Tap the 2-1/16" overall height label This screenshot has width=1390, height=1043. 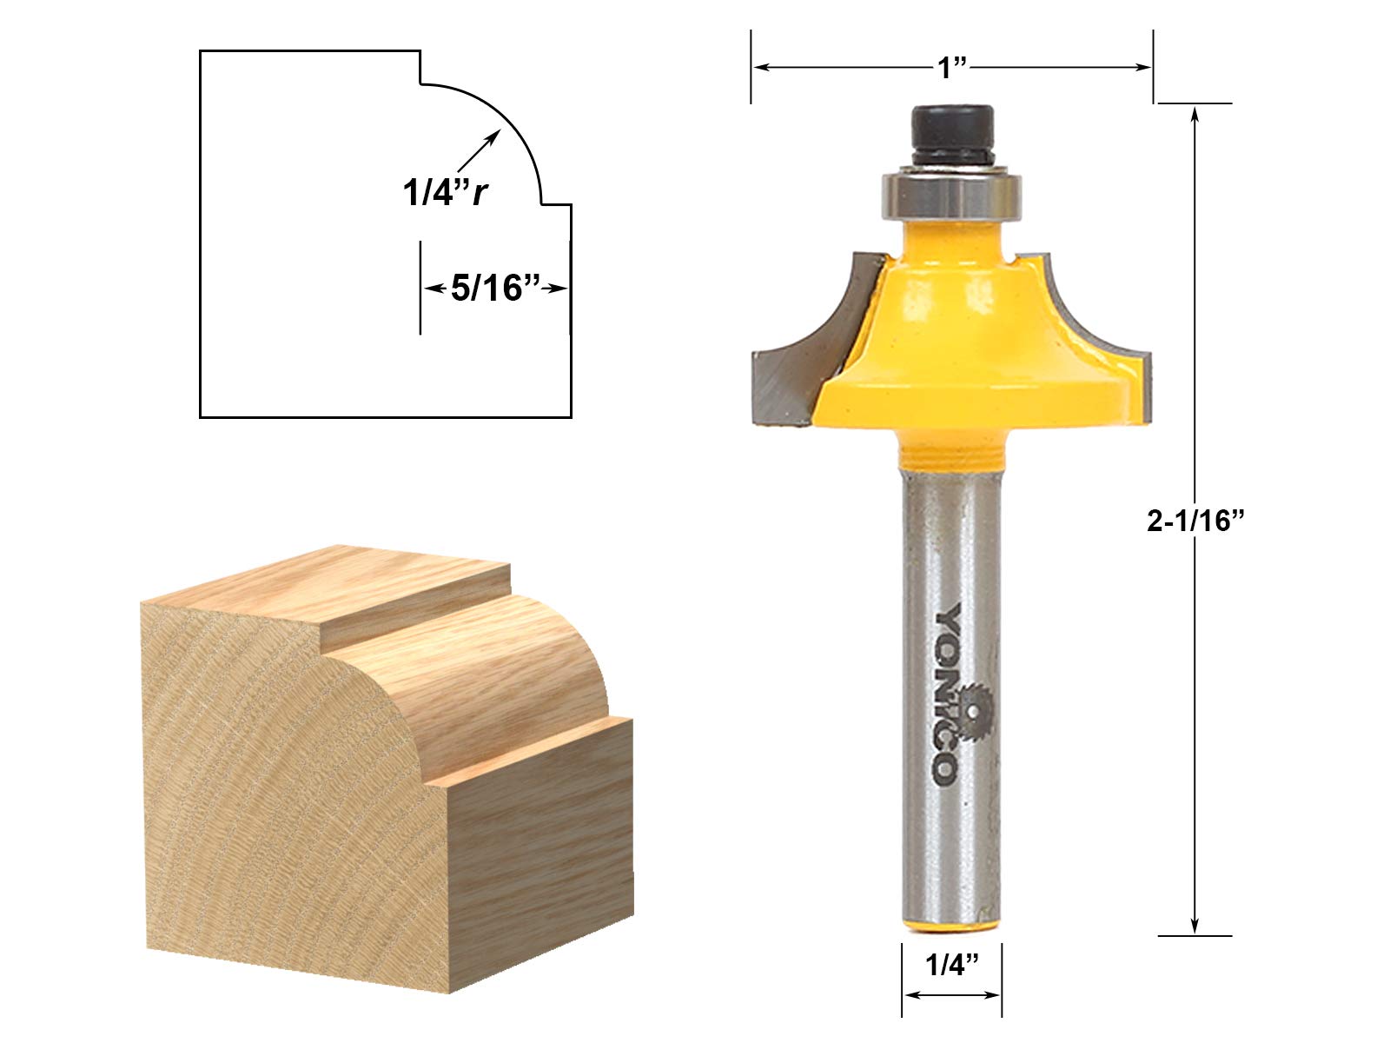1196,521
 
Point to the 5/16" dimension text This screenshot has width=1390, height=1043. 496,288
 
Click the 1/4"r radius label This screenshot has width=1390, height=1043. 444,193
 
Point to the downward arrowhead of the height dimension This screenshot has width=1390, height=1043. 1196,925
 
